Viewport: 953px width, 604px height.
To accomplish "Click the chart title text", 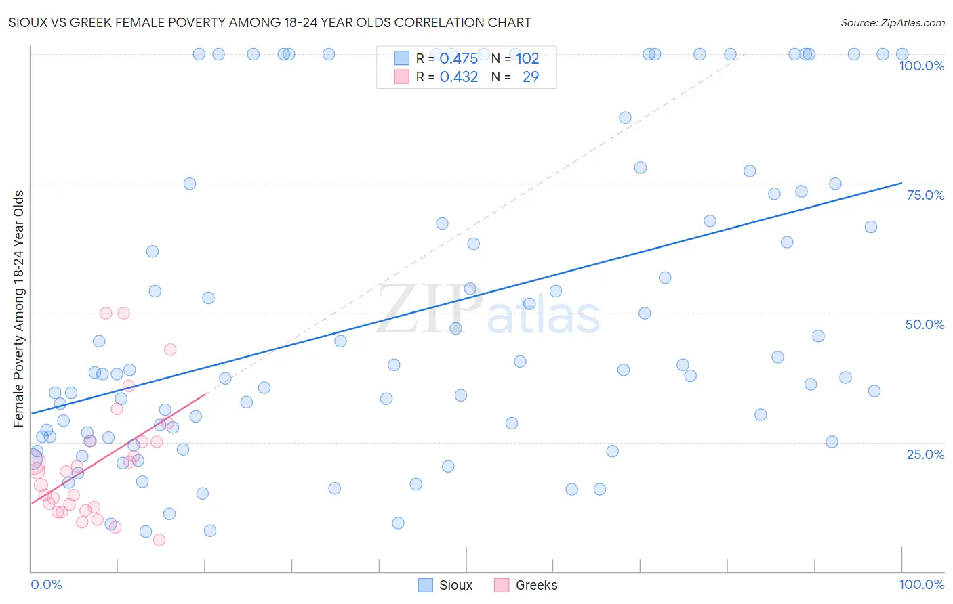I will (x=270, y=22).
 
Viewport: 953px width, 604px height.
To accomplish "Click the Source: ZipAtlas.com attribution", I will (x=892, y=22).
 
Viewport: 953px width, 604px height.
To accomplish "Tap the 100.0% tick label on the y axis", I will (x=921, y=66).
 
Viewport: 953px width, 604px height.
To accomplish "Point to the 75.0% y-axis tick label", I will (x=925, y=195).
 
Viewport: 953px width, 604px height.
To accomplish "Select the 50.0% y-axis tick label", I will (x=925, y=324).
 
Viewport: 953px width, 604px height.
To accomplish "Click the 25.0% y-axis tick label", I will (x=925, y=454).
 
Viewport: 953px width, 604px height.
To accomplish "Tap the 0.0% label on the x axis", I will (x=46, y=584).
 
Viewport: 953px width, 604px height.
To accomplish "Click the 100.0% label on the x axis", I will (x=921, y=584).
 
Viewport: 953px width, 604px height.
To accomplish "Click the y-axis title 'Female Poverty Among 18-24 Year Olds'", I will (x=19, y=308).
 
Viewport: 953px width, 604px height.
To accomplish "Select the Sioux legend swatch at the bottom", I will (x=425, y=585).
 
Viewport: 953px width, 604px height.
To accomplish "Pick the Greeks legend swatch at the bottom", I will (x=502, y=585).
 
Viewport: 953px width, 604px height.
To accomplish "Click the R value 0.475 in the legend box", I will (x=459, y=59).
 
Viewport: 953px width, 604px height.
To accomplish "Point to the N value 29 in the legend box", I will (x=531, y=77).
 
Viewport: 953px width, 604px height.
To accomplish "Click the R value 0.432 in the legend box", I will (x=459, y=77).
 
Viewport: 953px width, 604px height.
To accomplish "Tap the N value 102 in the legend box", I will (x=527, y=59).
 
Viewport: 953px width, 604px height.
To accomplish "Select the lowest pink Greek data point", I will (x=159, y=540).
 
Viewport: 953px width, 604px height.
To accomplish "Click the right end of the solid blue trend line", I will (x=901, y=183).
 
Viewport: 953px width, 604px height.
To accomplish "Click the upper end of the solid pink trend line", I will (x=205, y=394).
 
